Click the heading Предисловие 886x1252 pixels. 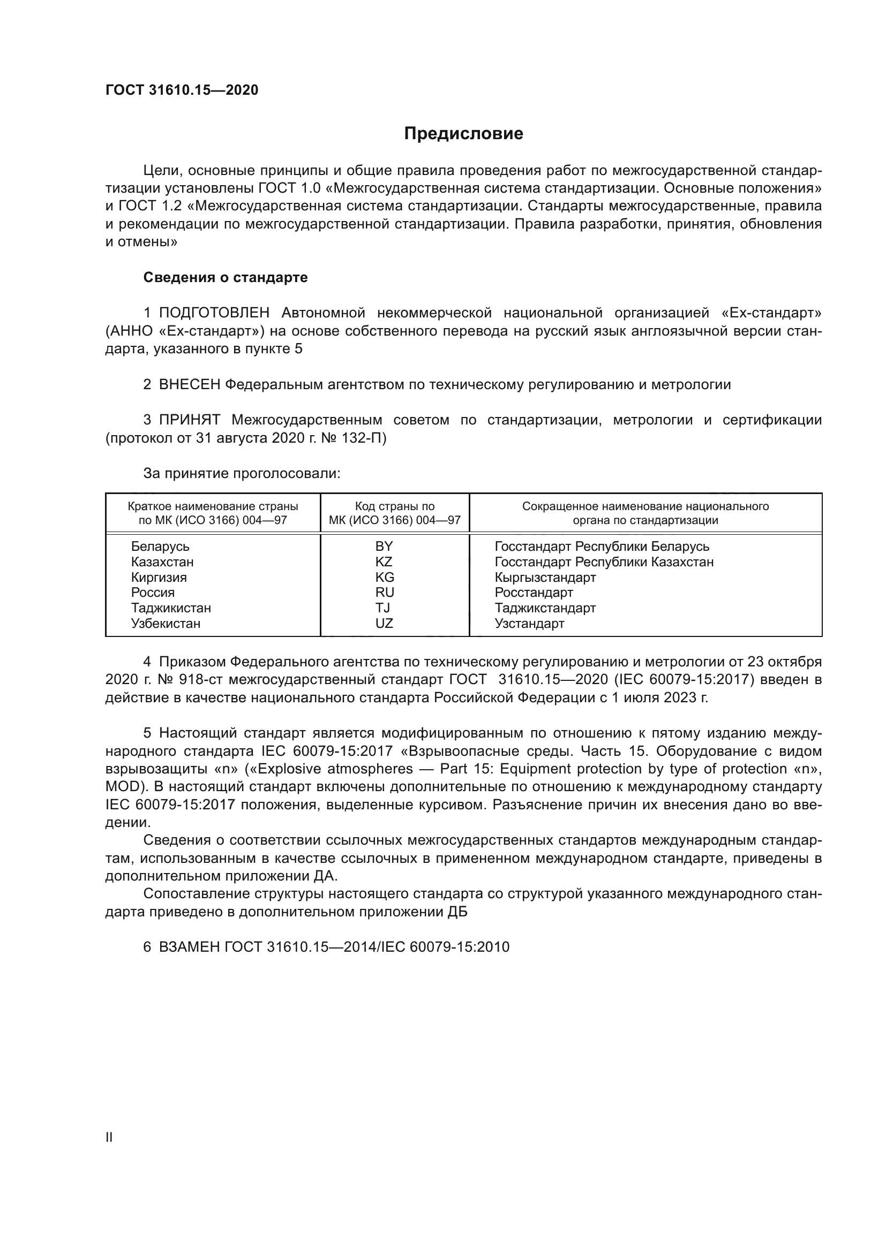tap(463, 134)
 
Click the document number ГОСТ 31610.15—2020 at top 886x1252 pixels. tap(182, 90)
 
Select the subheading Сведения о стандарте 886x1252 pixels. tap(226, 278)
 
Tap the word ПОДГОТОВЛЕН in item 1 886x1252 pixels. tap(214, 313)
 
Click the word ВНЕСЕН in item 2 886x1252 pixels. tap(189, 384)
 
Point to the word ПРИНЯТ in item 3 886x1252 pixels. tap(189, 420)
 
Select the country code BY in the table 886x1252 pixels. tap(384, 547)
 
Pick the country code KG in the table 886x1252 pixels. tap(384, 577)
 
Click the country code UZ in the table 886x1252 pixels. tap(384, 623)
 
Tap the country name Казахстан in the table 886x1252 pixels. tap(162, 561)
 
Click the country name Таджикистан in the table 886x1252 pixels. tap(171, 608)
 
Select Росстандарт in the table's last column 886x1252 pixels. tap(534, 592)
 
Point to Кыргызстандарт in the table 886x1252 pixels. tap(545, 577)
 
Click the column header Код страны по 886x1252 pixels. tap(394, 506)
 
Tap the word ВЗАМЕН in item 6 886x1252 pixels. tap(189, 947)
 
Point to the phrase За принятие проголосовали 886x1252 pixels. tap(242, 473)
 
